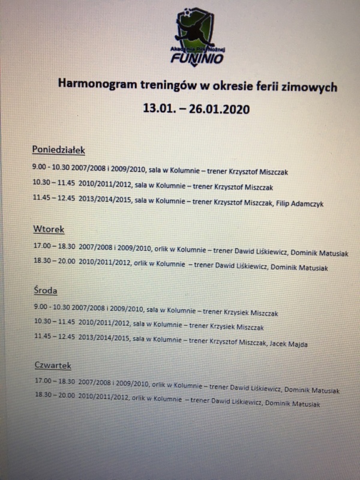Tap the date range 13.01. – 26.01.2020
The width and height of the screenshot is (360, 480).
(194, 109)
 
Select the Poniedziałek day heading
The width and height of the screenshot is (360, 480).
(59, 149)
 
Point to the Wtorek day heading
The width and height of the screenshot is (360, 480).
(48, 229)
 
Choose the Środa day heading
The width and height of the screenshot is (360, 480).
(46, 291)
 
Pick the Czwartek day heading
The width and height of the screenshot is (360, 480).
(53, 365)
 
